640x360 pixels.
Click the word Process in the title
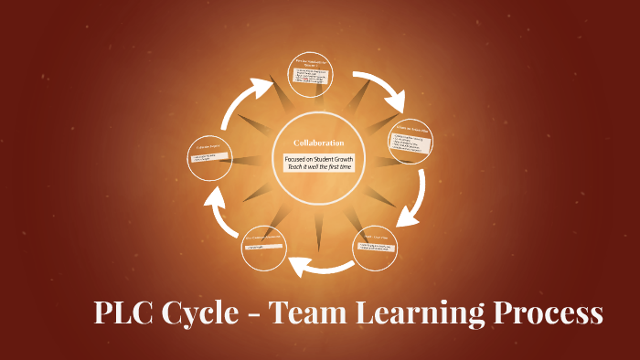pyautogui.click(x=549, y=313)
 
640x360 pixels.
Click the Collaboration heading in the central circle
pyautogui.click(x=318, y=143)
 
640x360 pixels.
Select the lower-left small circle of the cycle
pyautogui.click(x=265, y=248)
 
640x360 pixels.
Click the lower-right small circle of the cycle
pyautogui.click(x=375, y=248)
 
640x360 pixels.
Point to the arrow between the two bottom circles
pyautogui.click(x=320, y=266)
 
